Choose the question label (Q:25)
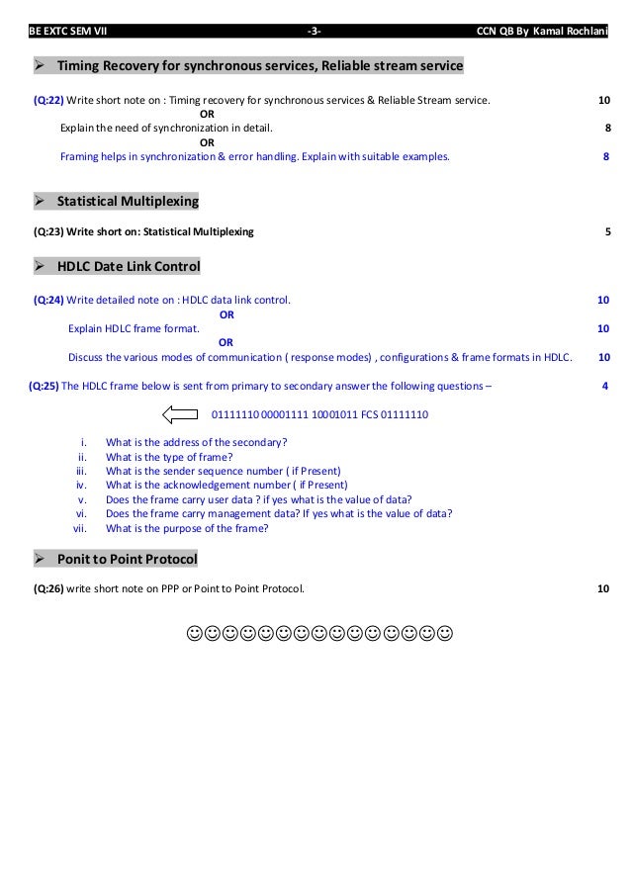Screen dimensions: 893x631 point(45,386)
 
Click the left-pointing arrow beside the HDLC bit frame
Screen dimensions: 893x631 point(179,413)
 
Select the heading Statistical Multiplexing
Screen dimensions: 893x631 point(128,202)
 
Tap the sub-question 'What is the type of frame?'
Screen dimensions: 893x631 point(169,456)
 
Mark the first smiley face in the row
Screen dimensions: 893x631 point(194,632)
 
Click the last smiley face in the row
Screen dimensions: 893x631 point(445,632)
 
